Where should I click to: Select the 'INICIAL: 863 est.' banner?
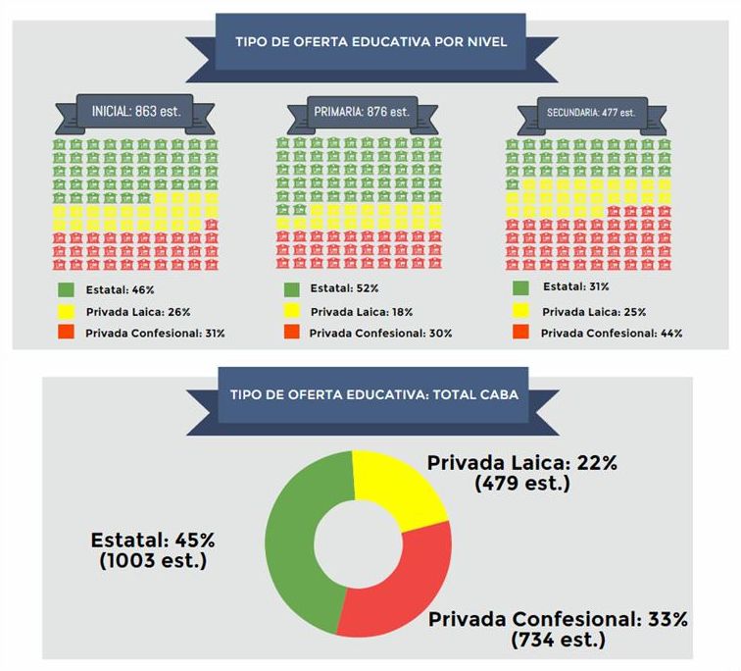[x=137, y=110]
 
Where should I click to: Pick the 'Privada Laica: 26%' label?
[x=138, y=312]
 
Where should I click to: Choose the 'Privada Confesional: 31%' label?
[x=156, y=333]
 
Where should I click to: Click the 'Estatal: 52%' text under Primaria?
[x=343, y=289]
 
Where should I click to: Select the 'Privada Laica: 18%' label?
[x=362, y=312]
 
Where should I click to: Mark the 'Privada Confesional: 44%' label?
[x=611, y=333]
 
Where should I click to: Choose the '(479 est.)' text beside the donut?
[x=521, y=483]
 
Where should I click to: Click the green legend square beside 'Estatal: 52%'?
[x=291, y=289]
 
